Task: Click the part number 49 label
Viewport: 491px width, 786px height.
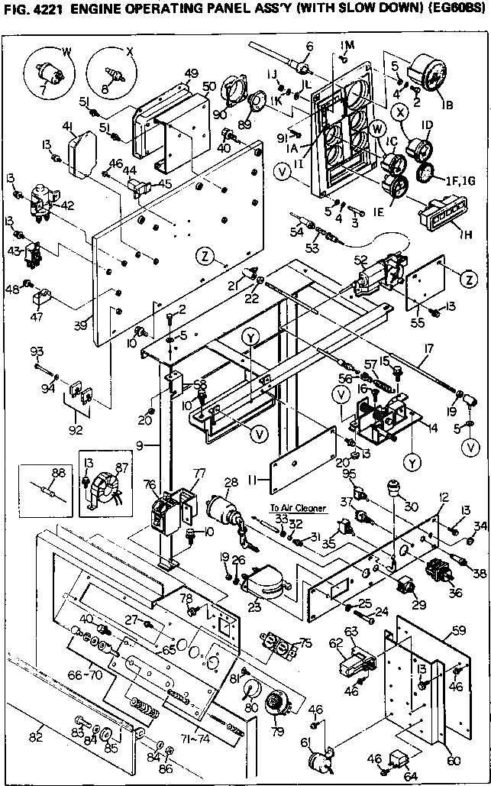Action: (x=191, y=73)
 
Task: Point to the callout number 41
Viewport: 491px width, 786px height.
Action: (x=68, y=126)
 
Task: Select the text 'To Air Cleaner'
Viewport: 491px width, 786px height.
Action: (x=299, y=508)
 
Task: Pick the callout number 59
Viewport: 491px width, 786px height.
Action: (x=458, y=630)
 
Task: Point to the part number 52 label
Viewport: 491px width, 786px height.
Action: (x=360, y=259)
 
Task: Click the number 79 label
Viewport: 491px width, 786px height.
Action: (x=277, y=732)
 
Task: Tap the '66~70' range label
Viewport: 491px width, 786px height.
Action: (x=85, y=676)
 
